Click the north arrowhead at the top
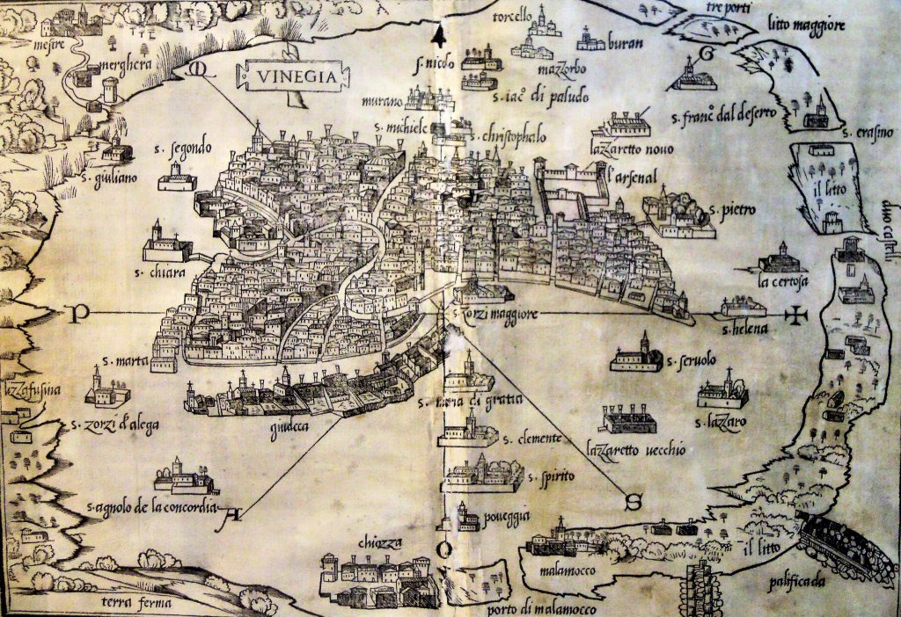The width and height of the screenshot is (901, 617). [x=437, y=36]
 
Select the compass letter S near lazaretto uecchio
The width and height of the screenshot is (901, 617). [x=632, y=502]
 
